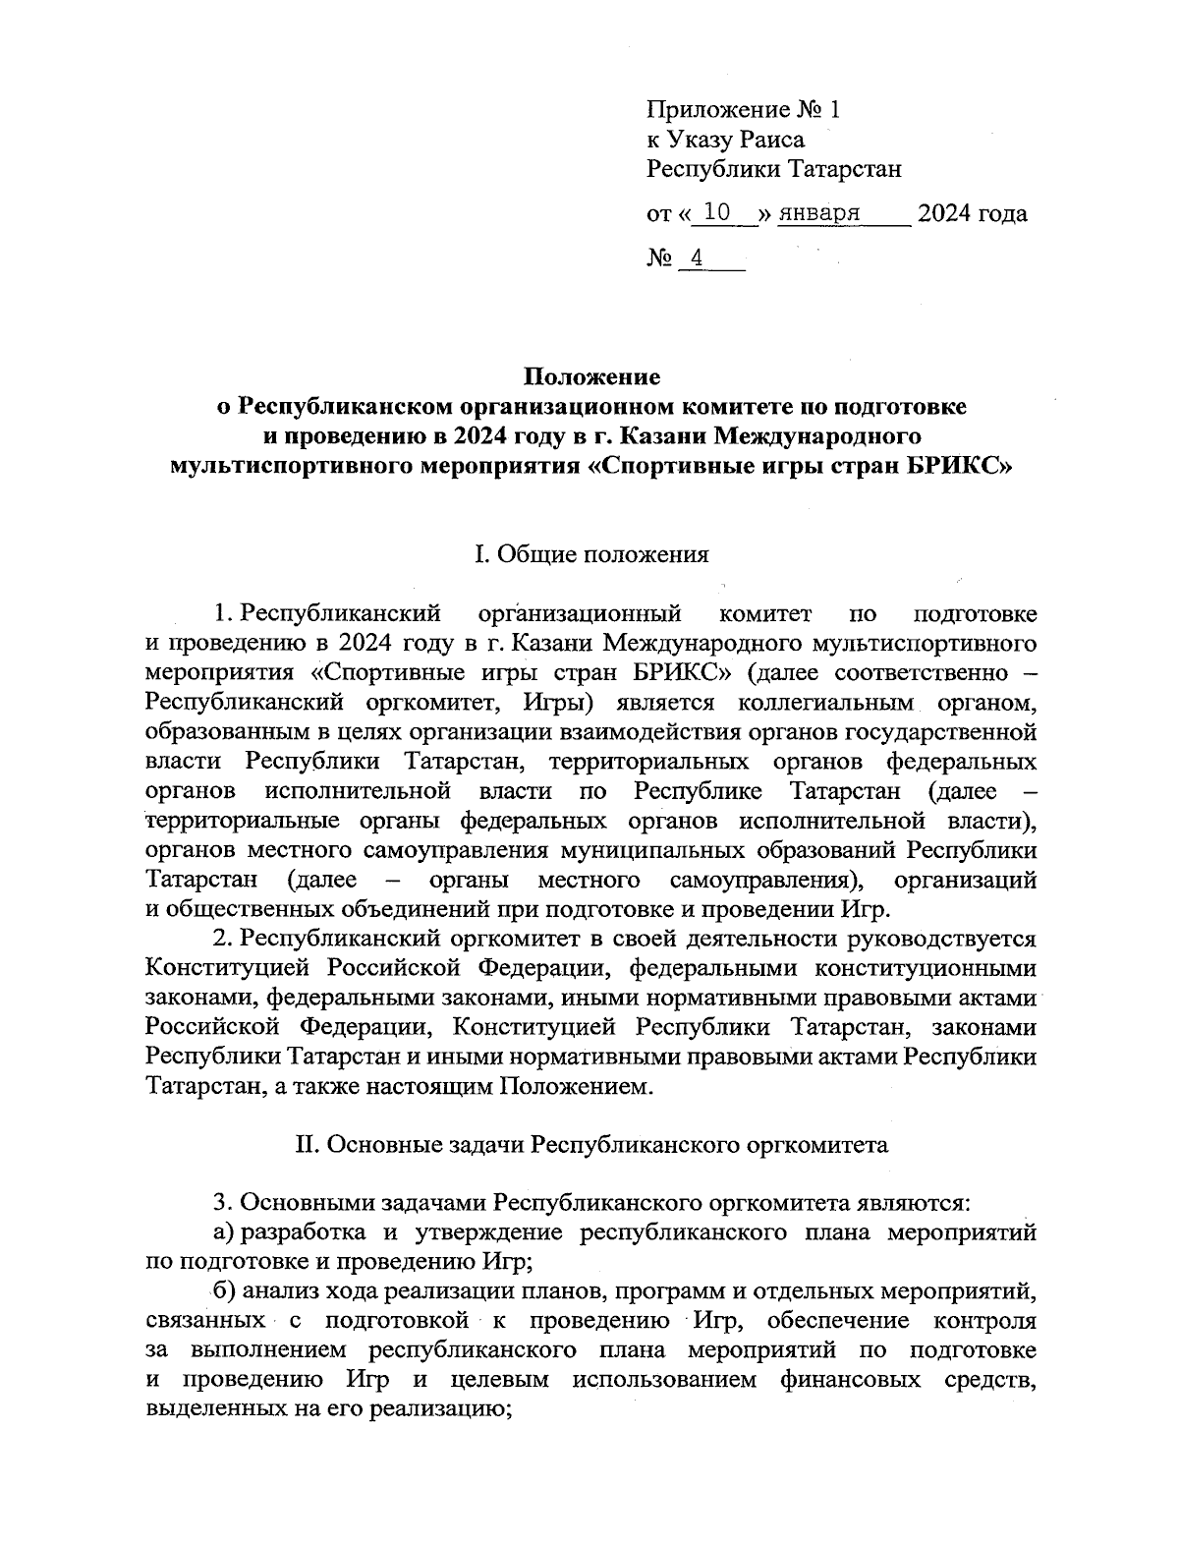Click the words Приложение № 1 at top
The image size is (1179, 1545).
743,110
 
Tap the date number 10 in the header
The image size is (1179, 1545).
720,212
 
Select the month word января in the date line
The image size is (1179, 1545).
820,212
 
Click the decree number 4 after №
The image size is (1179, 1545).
697,258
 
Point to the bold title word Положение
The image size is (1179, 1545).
591,376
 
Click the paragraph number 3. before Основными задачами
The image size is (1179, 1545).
223,1203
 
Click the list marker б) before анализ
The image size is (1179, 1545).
224,1291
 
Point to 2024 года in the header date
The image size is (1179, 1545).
971,212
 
